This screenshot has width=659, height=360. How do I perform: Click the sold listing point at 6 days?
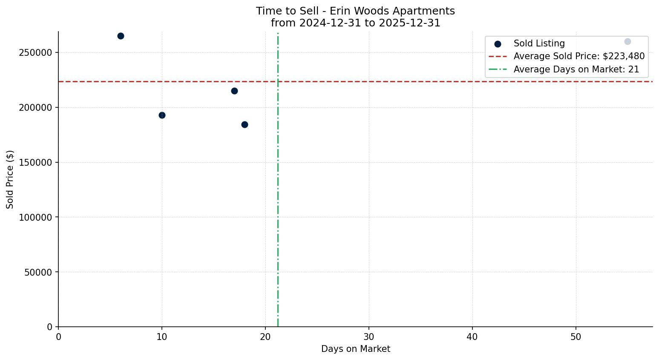click(x=121, y=36)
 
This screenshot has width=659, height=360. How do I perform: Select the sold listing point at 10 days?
click(x=162, y=115)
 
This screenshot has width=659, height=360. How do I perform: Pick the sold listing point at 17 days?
click(x=234, y=91)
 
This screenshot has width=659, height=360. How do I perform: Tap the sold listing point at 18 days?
click(x=245, y=124)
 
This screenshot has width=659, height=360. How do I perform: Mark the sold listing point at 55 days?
click(x=627, y=41)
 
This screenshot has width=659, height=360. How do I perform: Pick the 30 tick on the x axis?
click(x=369, y=337)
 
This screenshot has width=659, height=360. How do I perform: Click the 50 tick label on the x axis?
click(x=576, y=337)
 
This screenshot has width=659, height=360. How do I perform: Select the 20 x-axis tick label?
click(x=265, y=337)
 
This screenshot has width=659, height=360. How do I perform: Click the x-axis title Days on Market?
click(x=355, y=349)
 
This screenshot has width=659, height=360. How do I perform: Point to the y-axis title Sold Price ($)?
click(x=10, y=179)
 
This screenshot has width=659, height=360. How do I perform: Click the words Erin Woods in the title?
click(x=354, y=11)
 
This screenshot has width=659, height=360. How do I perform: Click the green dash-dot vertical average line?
click(x=278, y=192)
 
